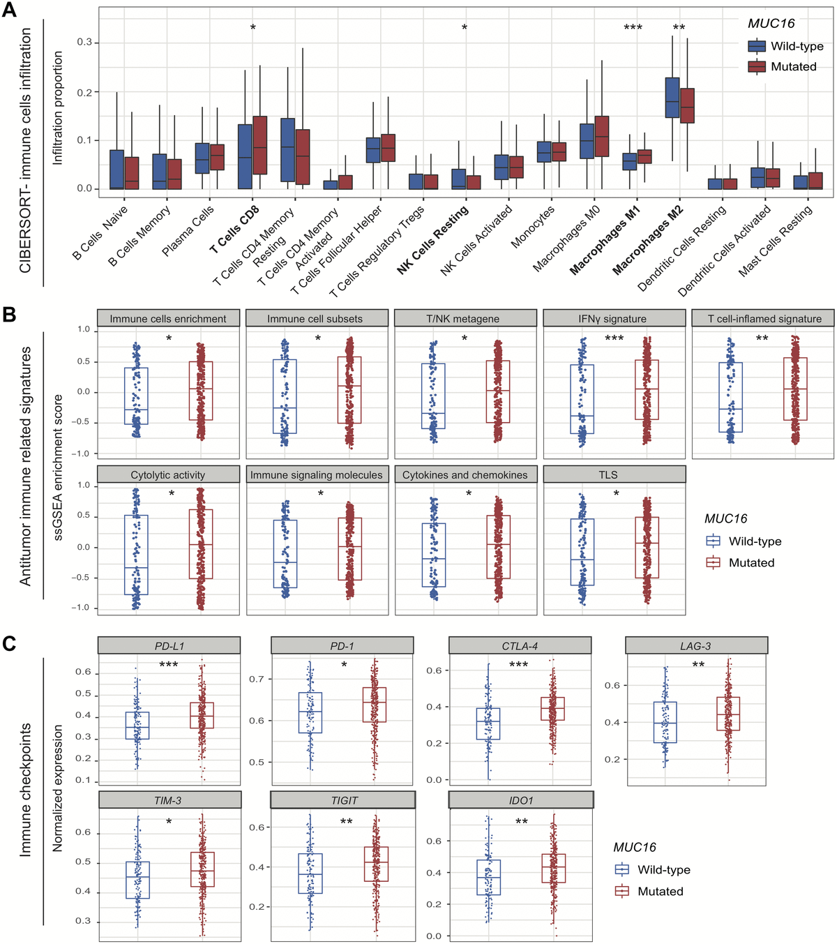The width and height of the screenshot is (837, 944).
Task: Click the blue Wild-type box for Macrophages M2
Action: click(672, 98)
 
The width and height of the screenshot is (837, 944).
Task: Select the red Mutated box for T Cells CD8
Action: click(259, 145)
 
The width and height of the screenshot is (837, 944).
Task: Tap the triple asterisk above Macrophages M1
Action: click(633, 28)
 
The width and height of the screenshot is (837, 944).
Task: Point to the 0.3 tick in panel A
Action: click(84, 43)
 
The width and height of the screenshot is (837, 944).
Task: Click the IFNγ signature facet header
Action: click(612, 319)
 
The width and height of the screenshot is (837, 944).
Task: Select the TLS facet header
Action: click(608, 474)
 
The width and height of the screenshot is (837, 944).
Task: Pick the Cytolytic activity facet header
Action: click(168, 474)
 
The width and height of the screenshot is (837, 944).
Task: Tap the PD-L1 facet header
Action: click(169, 645)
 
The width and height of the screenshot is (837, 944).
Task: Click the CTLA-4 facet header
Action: click(520, 645)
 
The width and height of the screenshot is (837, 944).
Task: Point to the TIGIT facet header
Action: click(344, 800)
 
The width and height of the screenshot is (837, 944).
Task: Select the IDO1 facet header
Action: click(520, 800)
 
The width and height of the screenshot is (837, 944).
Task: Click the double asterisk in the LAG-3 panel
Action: click(698, 665)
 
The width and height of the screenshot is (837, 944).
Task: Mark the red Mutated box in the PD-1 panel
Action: click(375, 705)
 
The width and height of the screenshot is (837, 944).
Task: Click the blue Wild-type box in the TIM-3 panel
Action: click(137, 880)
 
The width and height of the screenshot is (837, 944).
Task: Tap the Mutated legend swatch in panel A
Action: click(757, 67)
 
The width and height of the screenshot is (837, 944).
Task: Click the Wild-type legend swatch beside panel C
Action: click(621, 870)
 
